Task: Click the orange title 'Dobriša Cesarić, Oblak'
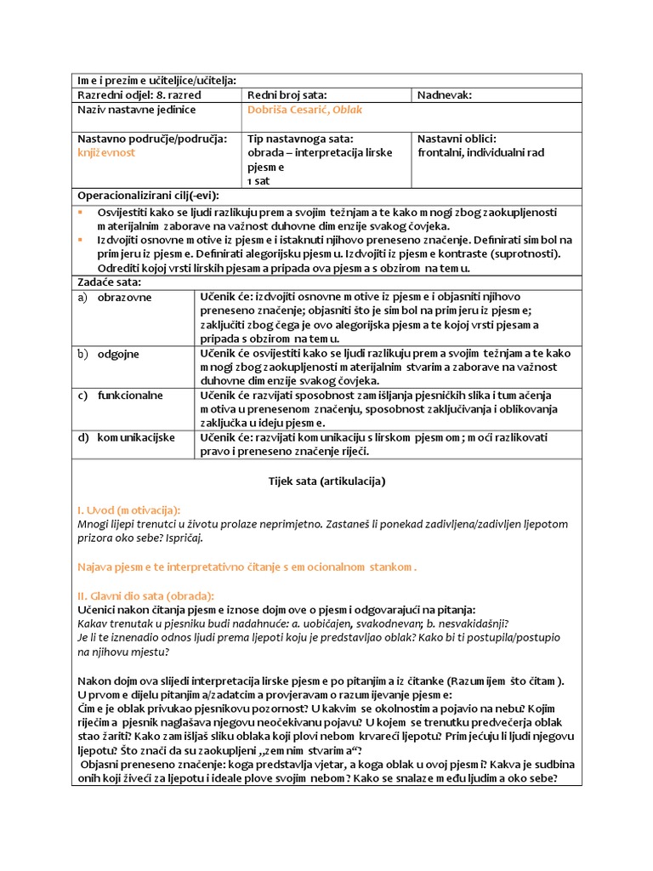click(303, 111)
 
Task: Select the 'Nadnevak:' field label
click(444, 96)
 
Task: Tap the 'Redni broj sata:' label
click(287, 96)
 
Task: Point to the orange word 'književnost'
click(106, 153)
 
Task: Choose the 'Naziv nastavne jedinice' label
click(137, 111)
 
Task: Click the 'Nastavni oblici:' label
click(457, 139)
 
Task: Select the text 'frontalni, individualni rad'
click(480, 153)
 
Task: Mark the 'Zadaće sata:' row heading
click(110, 282)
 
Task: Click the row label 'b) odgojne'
click(108, 354)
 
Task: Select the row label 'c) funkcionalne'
click(120, 396)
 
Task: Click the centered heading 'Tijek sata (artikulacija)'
click(326, 481)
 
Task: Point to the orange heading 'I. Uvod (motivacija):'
click(128, 510)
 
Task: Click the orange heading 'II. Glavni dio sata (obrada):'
click(145, 595)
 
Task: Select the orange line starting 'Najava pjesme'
click(247, 566)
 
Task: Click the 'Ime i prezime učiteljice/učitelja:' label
click(156, 81)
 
